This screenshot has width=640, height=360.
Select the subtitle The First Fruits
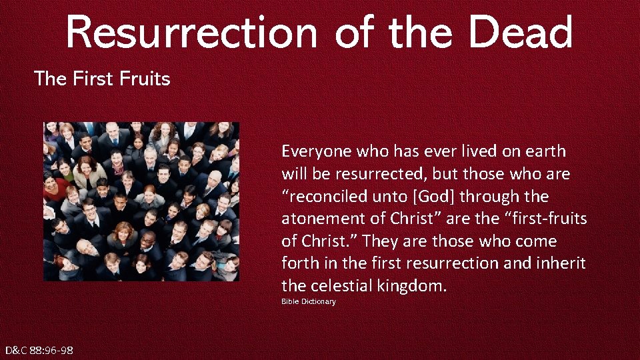pyautogui.click(x=102, y=79)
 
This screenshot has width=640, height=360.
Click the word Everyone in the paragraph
pyautogui.click(x=317, y=151)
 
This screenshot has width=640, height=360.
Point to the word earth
pyautogui.click(x=541, y=151)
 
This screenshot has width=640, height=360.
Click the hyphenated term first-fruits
pyautogui.click(x=545, y=219)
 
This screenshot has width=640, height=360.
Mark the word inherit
pyautogui.click(x=561, y=263)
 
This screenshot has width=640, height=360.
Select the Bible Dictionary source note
pyautogui.click(x=308, y=302)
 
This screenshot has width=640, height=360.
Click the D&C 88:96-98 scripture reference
pyautogui.click(x=39, y=351)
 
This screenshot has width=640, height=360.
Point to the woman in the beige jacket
pyautogui.click(x=89, y=172)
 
